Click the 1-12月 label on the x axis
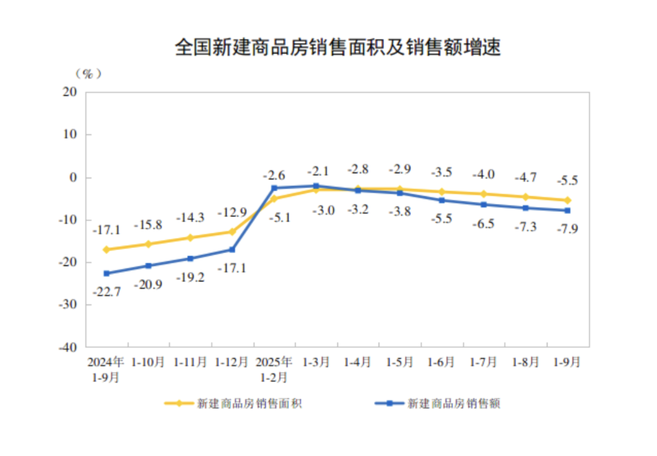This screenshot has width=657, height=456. (232, 363)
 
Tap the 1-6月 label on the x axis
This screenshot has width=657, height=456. (442, 363)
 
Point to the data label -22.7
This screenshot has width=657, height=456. (106, 292)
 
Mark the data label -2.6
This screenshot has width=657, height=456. (274, 175)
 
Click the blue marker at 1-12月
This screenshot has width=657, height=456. (233, 249)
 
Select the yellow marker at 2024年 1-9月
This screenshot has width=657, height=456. (106, 249)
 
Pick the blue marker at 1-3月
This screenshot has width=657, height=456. (316, 186)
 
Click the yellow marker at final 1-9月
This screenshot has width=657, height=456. (567, 200)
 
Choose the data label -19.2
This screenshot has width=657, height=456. (190, 277)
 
